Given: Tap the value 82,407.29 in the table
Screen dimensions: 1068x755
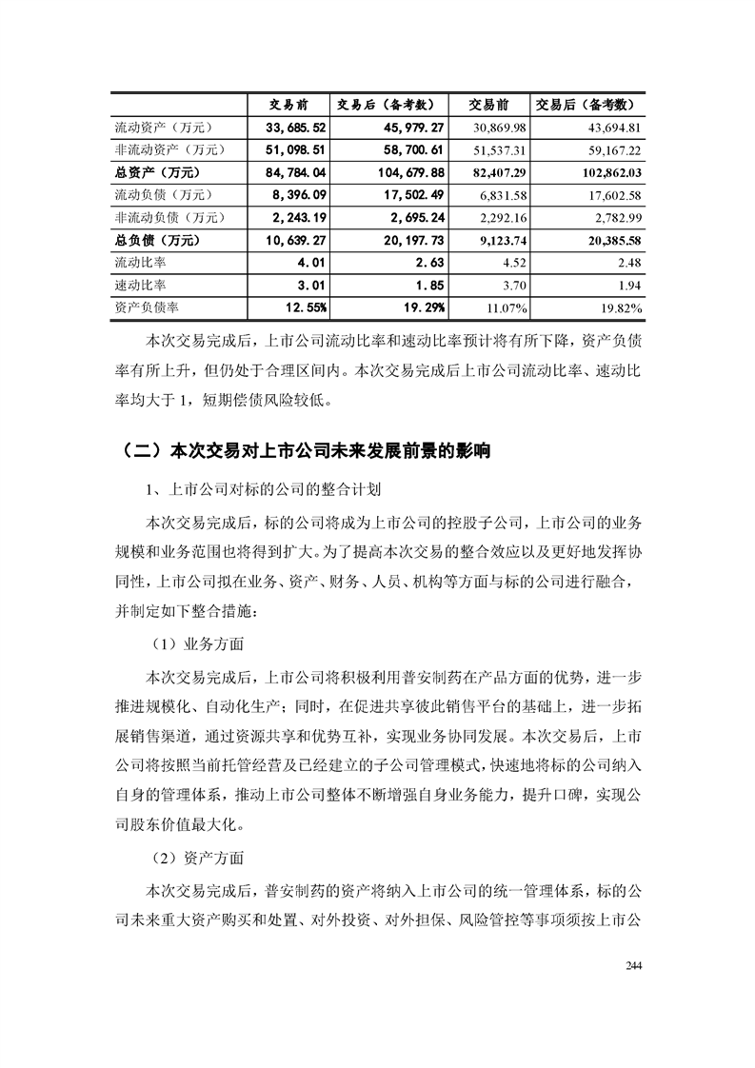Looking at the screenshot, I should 500,172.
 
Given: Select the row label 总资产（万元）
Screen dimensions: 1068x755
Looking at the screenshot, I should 157,172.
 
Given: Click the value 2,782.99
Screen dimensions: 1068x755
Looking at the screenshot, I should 615,217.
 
